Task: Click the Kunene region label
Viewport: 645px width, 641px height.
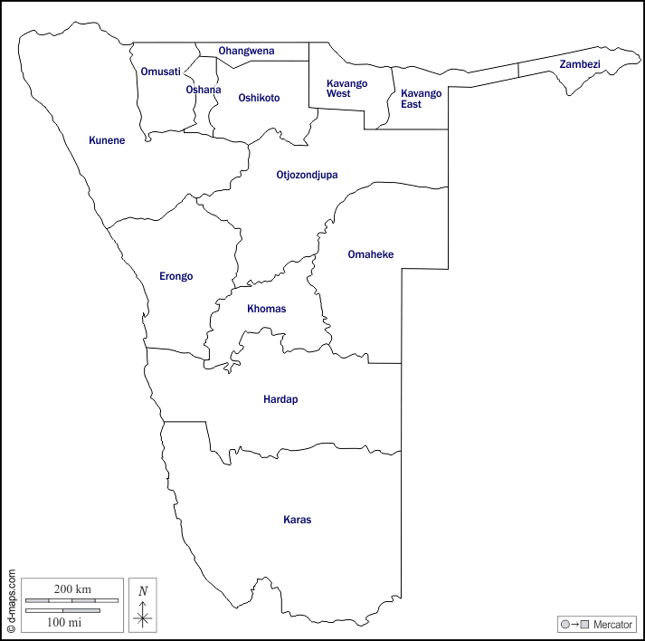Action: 107,140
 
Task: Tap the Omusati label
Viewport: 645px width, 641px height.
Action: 160,72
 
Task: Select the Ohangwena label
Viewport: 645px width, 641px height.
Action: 246,51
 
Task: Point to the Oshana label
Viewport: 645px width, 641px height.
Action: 203,90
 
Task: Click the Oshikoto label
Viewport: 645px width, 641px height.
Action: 259,98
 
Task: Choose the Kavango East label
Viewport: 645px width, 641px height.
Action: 421,99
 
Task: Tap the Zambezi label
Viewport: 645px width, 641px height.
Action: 580,64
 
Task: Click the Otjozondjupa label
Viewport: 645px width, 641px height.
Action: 307,175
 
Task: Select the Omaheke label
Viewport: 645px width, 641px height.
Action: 371,254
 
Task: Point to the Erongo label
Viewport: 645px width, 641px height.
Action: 175,276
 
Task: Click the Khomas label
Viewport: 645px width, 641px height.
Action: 266,309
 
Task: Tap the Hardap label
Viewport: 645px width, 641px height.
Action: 280,399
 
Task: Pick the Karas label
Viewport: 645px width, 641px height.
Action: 297,520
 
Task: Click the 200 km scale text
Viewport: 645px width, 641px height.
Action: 71,589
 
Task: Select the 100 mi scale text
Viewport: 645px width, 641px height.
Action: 64,622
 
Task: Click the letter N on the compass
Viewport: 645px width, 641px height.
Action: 143,591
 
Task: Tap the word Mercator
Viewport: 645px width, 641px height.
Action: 612,625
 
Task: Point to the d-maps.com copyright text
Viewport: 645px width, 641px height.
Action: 11,599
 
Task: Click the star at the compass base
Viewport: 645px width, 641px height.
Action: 143,619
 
